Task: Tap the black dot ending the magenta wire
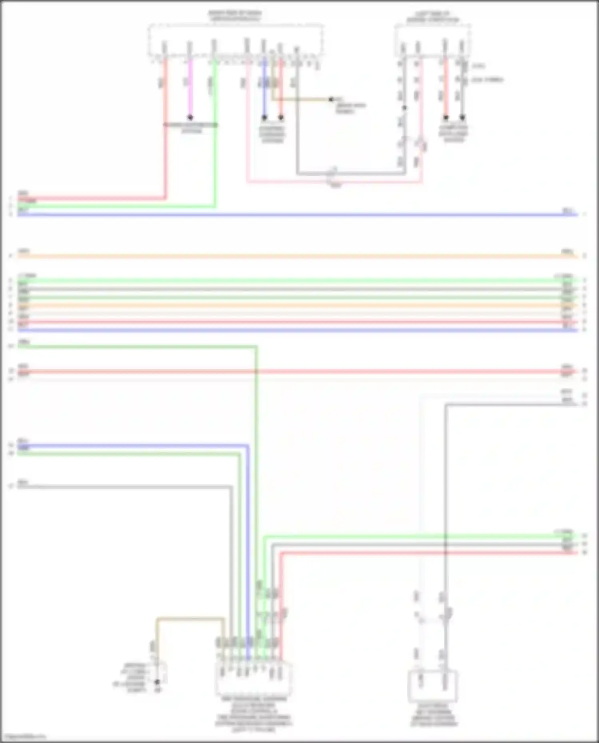(190, 117)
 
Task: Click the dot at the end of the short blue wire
(264, 118)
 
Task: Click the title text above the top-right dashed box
(433, 16)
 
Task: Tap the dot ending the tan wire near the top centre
(331, 99)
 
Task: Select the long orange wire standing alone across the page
(296, 256)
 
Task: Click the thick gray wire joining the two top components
(351, 174)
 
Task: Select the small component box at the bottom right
(432, 686)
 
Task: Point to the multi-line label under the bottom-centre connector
(254, 715)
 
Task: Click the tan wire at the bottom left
(190, 619)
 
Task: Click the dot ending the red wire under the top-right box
(446, 118)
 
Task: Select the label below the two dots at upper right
(454, 134)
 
